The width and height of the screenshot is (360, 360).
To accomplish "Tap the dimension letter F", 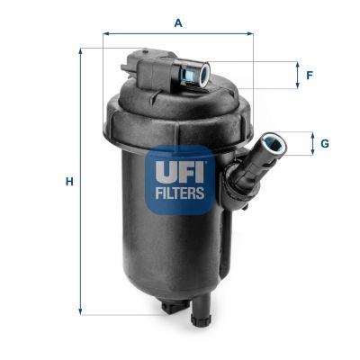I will coord(309,76).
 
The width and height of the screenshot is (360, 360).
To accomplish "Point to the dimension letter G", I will coord(324,143).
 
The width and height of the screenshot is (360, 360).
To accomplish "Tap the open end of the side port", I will coord(269,143).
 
